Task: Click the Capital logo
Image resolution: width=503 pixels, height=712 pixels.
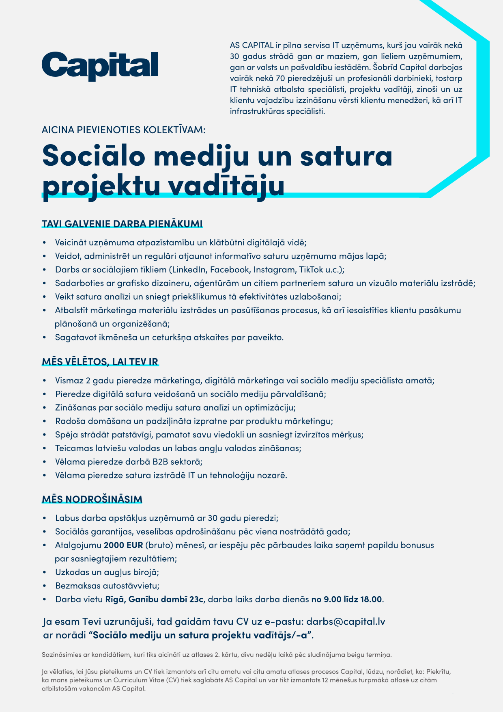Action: pyautogui.click(x=100, y=66)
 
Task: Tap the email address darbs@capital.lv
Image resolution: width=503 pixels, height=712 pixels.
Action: pyautogui.click(x=346, y=621)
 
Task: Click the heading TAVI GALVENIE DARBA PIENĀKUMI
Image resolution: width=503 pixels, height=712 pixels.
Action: pyautogui.click(x=122, y=224)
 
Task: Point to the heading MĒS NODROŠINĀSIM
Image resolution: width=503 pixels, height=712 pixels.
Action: pyautogui.click(x=92, y=499)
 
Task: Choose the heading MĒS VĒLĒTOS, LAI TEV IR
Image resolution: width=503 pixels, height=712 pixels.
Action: pyautogui.click(x=100, y=362)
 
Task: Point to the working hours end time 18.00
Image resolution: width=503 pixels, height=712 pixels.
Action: pyautogui.click(x=371, y=599)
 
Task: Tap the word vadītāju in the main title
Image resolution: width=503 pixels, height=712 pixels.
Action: pyautogui.click(x=226, y=186)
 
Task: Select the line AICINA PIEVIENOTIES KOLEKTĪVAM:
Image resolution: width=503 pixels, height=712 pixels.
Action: pyautogui.click(x=124, y=130)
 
